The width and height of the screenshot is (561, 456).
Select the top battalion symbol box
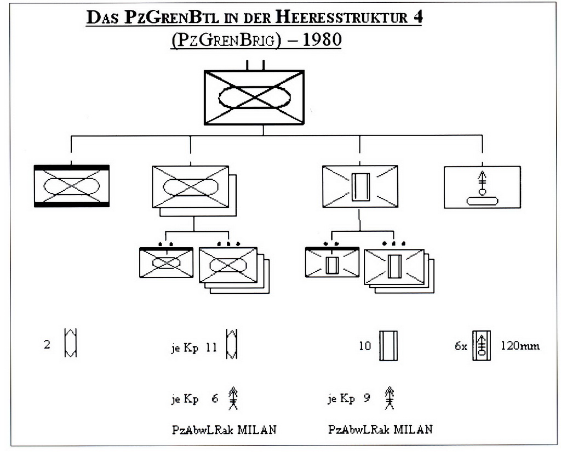coord(254,97)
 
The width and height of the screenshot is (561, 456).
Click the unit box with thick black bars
coord(71,186)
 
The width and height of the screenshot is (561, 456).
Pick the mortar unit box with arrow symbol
coord(482,187)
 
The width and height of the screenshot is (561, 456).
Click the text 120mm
coord(520,346)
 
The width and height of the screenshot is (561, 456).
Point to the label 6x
coord(460,346)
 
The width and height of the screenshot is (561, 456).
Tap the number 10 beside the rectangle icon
coord(365,346)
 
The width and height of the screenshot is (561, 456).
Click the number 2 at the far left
coord(48,346)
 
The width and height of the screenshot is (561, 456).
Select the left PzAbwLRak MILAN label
coord(224,430)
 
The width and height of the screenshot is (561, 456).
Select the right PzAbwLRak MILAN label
coord(380,429)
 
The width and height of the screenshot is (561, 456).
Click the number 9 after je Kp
coord(367,398)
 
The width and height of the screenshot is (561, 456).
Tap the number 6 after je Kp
coord(215,399)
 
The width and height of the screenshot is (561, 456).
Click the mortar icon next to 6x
coord(482,346)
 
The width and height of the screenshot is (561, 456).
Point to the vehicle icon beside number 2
coord(71,343)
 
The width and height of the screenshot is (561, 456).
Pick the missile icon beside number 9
coord(390,398)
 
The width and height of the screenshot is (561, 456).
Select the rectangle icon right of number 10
coord(388,345)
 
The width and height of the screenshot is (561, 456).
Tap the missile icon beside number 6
coord(233,399)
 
